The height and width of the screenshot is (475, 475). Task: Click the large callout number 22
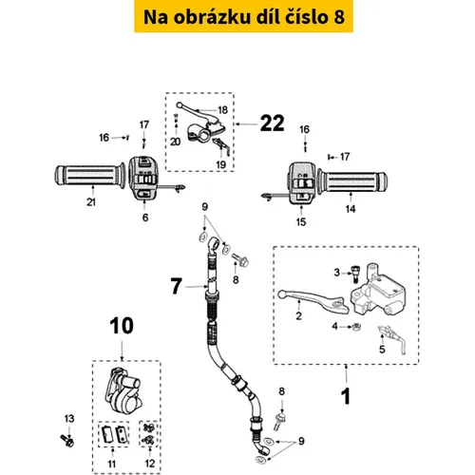(272, 123)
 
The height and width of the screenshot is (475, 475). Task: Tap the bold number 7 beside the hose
(177, 286)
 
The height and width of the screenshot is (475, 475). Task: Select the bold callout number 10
(122, 326)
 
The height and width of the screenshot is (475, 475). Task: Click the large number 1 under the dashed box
(346, 396)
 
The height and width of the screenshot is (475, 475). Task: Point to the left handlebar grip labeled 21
(90, 177)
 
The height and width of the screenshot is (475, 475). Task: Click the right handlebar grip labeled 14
(352, 181)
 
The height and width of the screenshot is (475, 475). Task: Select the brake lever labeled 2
(313, 300)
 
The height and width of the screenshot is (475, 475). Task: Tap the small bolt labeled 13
(67, 440)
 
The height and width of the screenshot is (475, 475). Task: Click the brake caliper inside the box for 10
(123, 391)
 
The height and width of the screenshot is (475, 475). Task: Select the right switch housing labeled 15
(301, 183)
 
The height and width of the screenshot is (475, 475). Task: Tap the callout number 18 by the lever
(223, 110)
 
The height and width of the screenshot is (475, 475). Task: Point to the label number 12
(150, 464)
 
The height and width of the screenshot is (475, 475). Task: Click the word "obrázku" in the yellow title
(212, 17)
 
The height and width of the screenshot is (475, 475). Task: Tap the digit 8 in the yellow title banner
(339, 17)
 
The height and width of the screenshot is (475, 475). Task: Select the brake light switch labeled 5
(392, 340)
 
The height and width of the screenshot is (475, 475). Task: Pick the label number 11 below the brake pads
(112, 464)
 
